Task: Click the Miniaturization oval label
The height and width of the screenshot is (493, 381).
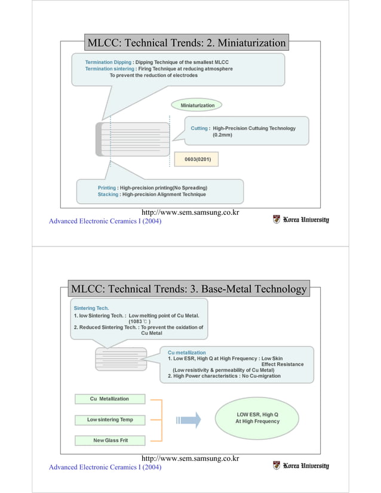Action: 197,105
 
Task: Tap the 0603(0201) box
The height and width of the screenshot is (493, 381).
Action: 196,159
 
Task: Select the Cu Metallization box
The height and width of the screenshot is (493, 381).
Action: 109,399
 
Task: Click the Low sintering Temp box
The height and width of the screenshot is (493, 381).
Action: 110,420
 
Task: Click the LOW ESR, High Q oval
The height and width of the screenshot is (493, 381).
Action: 257,417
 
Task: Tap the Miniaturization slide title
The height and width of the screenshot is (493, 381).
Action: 186,43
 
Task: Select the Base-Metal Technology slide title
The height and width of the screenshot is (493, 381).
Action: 189,289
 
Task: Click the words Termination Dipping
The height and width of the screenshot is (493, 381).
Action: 108,61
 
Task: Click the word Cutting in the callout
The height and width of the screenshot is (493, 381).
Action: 199,128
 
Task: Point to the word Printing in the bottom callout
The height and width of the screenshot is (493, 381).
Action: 107,187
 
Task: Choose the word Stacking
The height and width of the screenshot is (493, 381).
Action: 108,195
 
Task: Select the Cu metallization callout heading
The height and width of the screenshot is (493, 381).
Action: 187,353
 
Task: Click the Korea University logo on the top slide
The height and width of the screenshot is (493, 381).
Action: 301,219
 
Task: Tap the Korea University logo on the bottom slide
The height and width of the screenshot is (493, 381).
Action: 301,465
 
